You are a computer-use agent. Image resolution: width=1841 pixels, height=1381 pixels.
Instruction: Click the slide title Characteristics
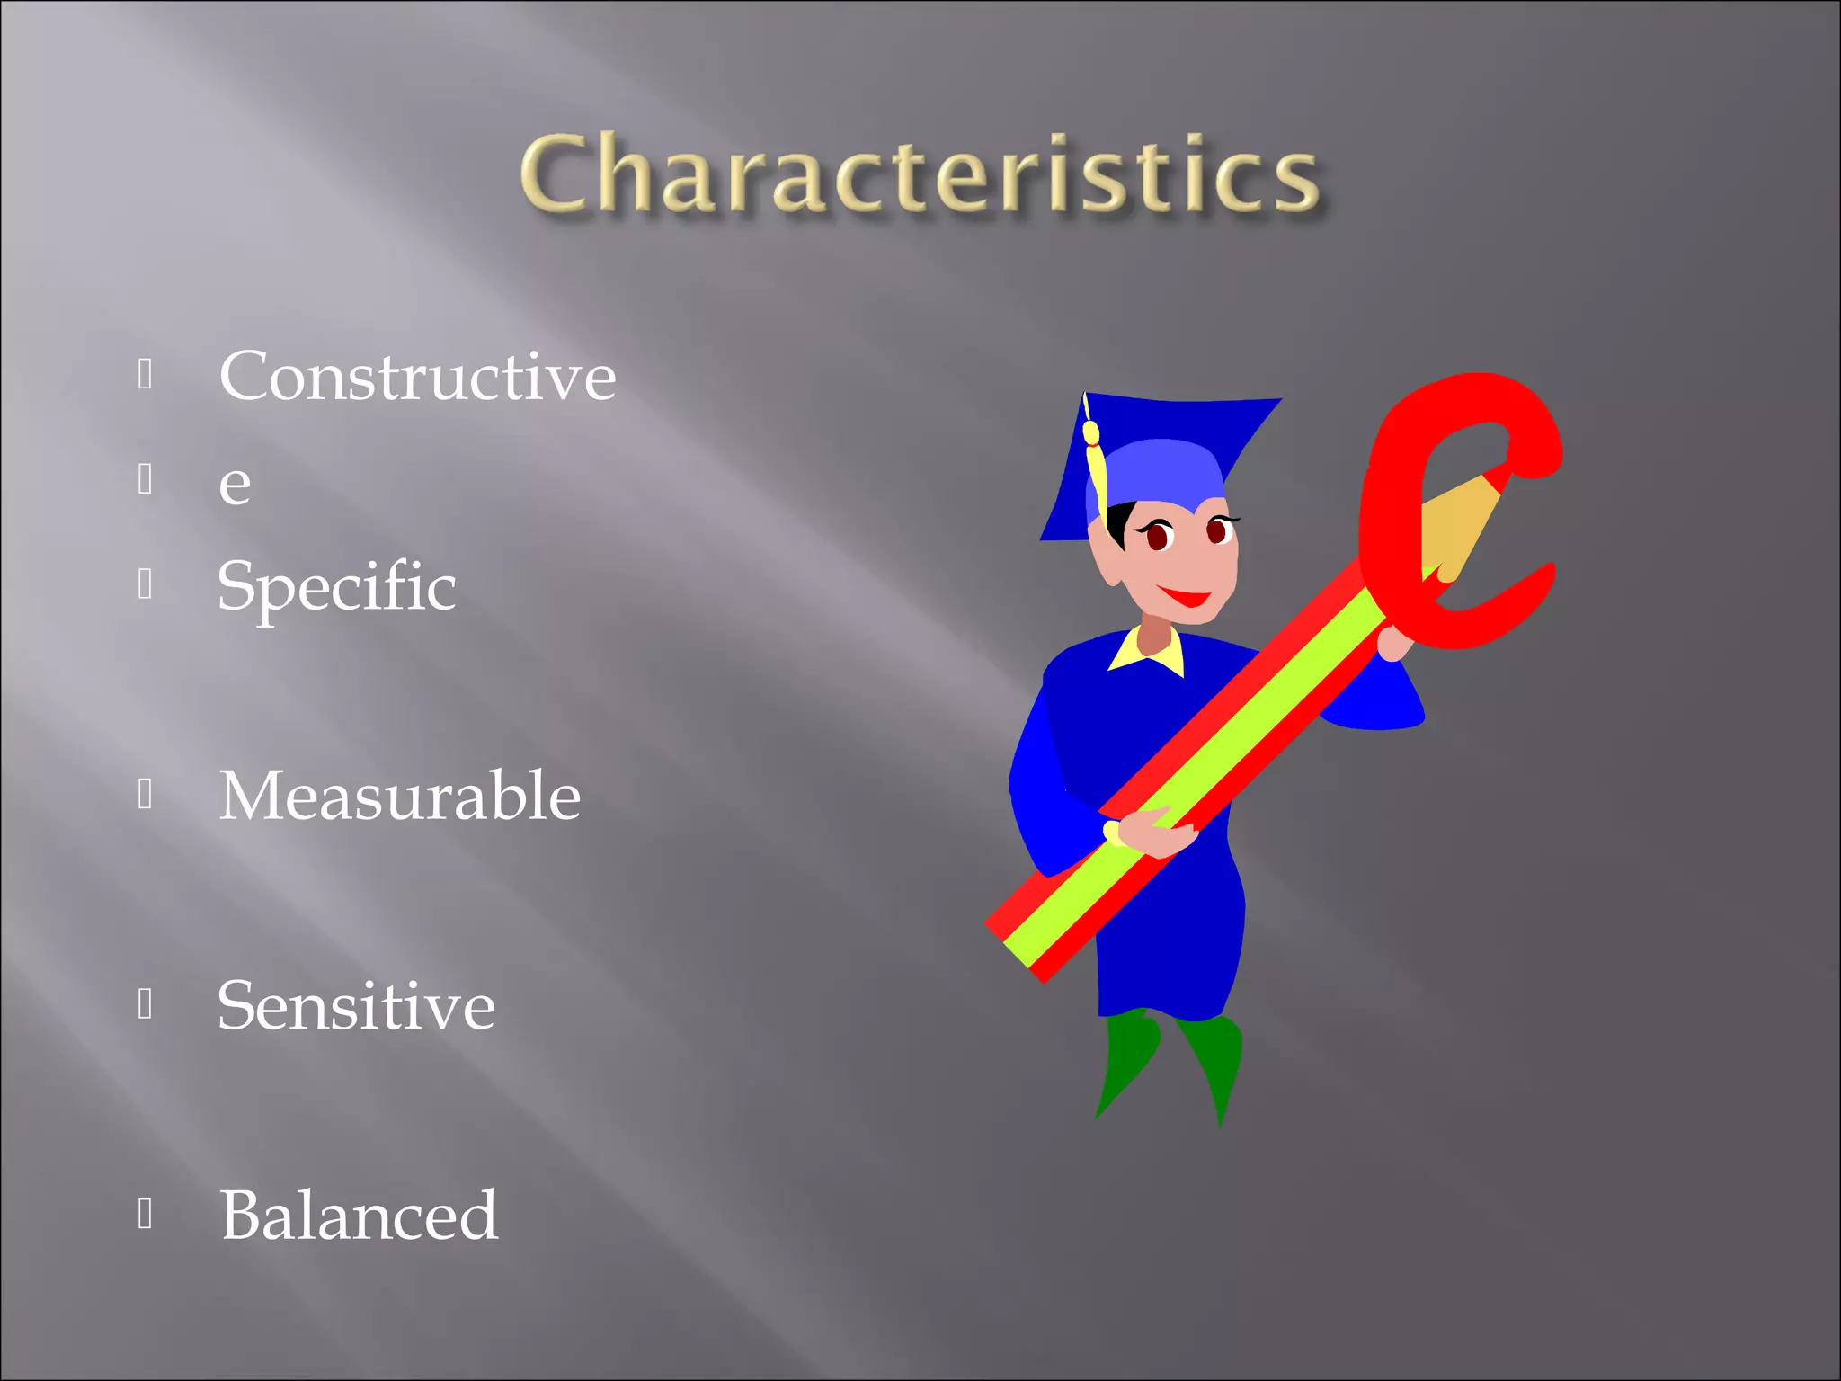click(919, 174)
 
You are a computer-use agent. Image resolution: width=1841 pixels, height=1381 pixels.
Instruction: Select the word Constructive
click(417, 376)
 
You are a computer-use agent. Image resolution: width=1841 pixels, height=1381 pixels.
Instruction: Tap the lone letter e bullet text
click(235, 484)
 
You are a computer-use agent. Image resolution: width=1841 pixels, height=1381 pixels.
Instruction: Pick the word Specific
click(337, 586)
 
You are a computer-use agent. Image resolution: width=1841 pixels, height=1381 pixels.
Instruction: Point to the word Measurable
click(400, 797)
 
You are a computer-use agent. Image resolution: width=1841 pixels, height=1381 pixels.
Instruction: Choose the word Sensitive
click(356, 1006)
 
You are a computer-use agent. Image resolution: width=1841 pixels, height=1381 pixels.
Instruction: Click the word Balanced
click(359, 1216)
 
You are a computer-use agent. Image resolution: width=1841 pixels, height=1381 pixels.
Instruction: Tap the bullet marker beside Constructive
click(146, 374)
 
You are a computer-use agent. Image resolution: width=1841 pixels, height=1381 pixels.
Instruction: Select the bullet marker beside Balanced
click(146, 1214)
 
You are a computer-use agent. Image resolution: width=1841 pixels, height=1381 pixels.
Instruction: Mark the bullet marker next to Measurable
click(146, 794)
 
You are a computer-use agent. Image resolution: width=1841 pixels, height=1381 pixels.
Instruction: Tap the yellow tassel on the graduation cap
click(1094, 468)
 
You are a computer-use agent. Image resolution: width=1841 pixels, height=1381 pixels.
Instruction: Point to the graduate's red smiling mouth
click(1185, 596)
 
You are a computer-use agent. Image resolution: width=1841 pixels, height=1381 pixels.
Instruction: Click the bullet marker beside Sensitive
click(146, 1004)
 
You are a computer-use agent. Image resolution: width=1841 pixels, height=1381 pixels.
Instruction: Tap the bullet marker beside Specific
click(146, 584)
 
